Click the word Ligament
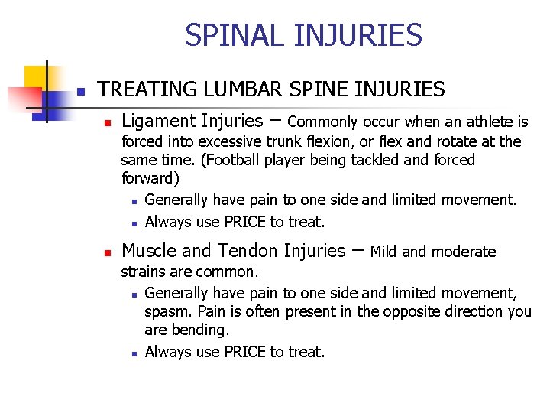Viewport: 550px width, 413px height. (158, 121)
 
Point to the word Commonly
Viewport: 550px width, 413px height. (322, 122)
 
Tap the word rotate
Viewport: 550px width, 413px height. (442, 141)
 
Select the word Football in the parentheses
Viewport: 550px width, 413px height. (236, 160)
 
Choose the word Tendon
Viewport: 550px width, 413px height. (246, 251)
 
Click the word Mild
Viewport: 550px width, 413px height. (384, 252)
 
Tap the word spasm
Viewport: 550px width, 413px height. (167, 311)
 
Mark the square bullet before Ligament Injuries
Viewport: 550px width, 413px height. (108, 122)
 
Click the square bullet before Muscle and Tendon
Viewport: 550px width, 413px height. (108, 252)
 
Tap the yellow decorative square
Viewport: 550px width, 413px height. (37, 77)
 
